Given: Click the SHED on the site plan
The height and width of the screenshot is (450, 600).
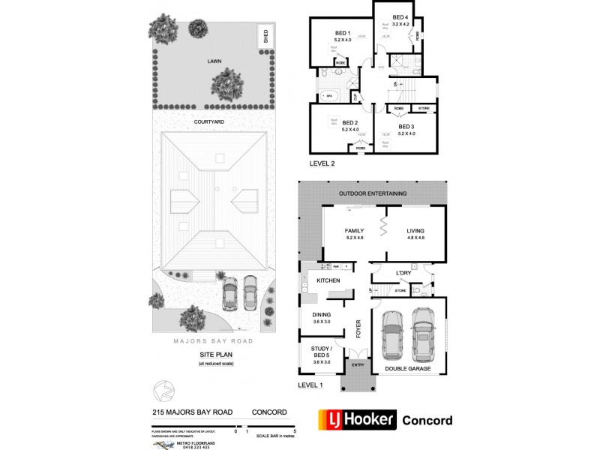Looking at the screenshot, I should (263, 35).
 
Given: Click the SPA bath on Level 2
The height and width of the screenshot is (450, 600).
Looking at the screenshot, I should (328, 96).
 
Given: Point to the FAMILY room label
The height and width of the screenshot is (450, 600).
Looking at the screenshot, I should (354, 231).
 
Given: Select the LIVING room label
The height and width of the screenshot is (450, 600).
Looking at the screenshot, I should (415, 231).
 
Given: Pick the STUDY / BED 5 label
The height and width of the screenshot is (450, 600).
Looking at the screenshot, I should (322, 350).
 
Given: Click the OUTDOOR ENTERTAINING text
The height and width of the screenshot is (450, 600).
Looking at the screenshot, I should (372, 193).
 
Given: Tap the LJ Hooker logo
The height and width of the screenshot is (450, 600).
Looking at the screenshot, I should (357, 420).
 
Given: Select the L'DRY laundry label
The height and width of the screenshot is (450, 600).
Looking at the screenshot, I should (405, 273).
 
